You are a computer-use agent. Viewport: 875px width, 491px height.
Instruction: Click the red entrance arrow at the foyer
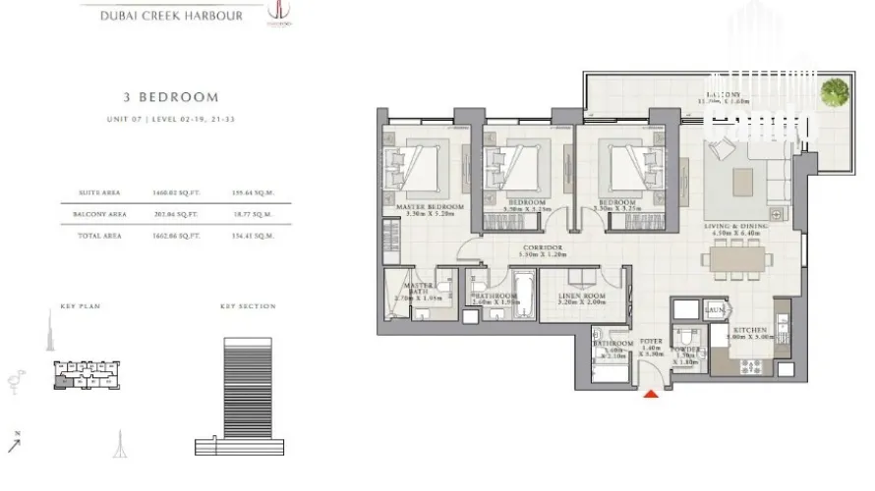650,395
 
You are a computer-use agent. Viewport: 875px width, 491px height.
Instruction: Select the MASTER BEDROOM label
430,208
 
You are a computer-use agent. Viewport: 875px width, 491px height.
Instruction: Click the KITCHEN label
749,330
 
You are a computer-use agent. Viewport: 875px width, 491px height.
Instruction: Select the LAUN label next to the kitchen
715,310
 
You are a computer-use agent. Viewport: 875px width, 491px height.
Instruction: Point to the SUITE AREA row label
97,192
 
